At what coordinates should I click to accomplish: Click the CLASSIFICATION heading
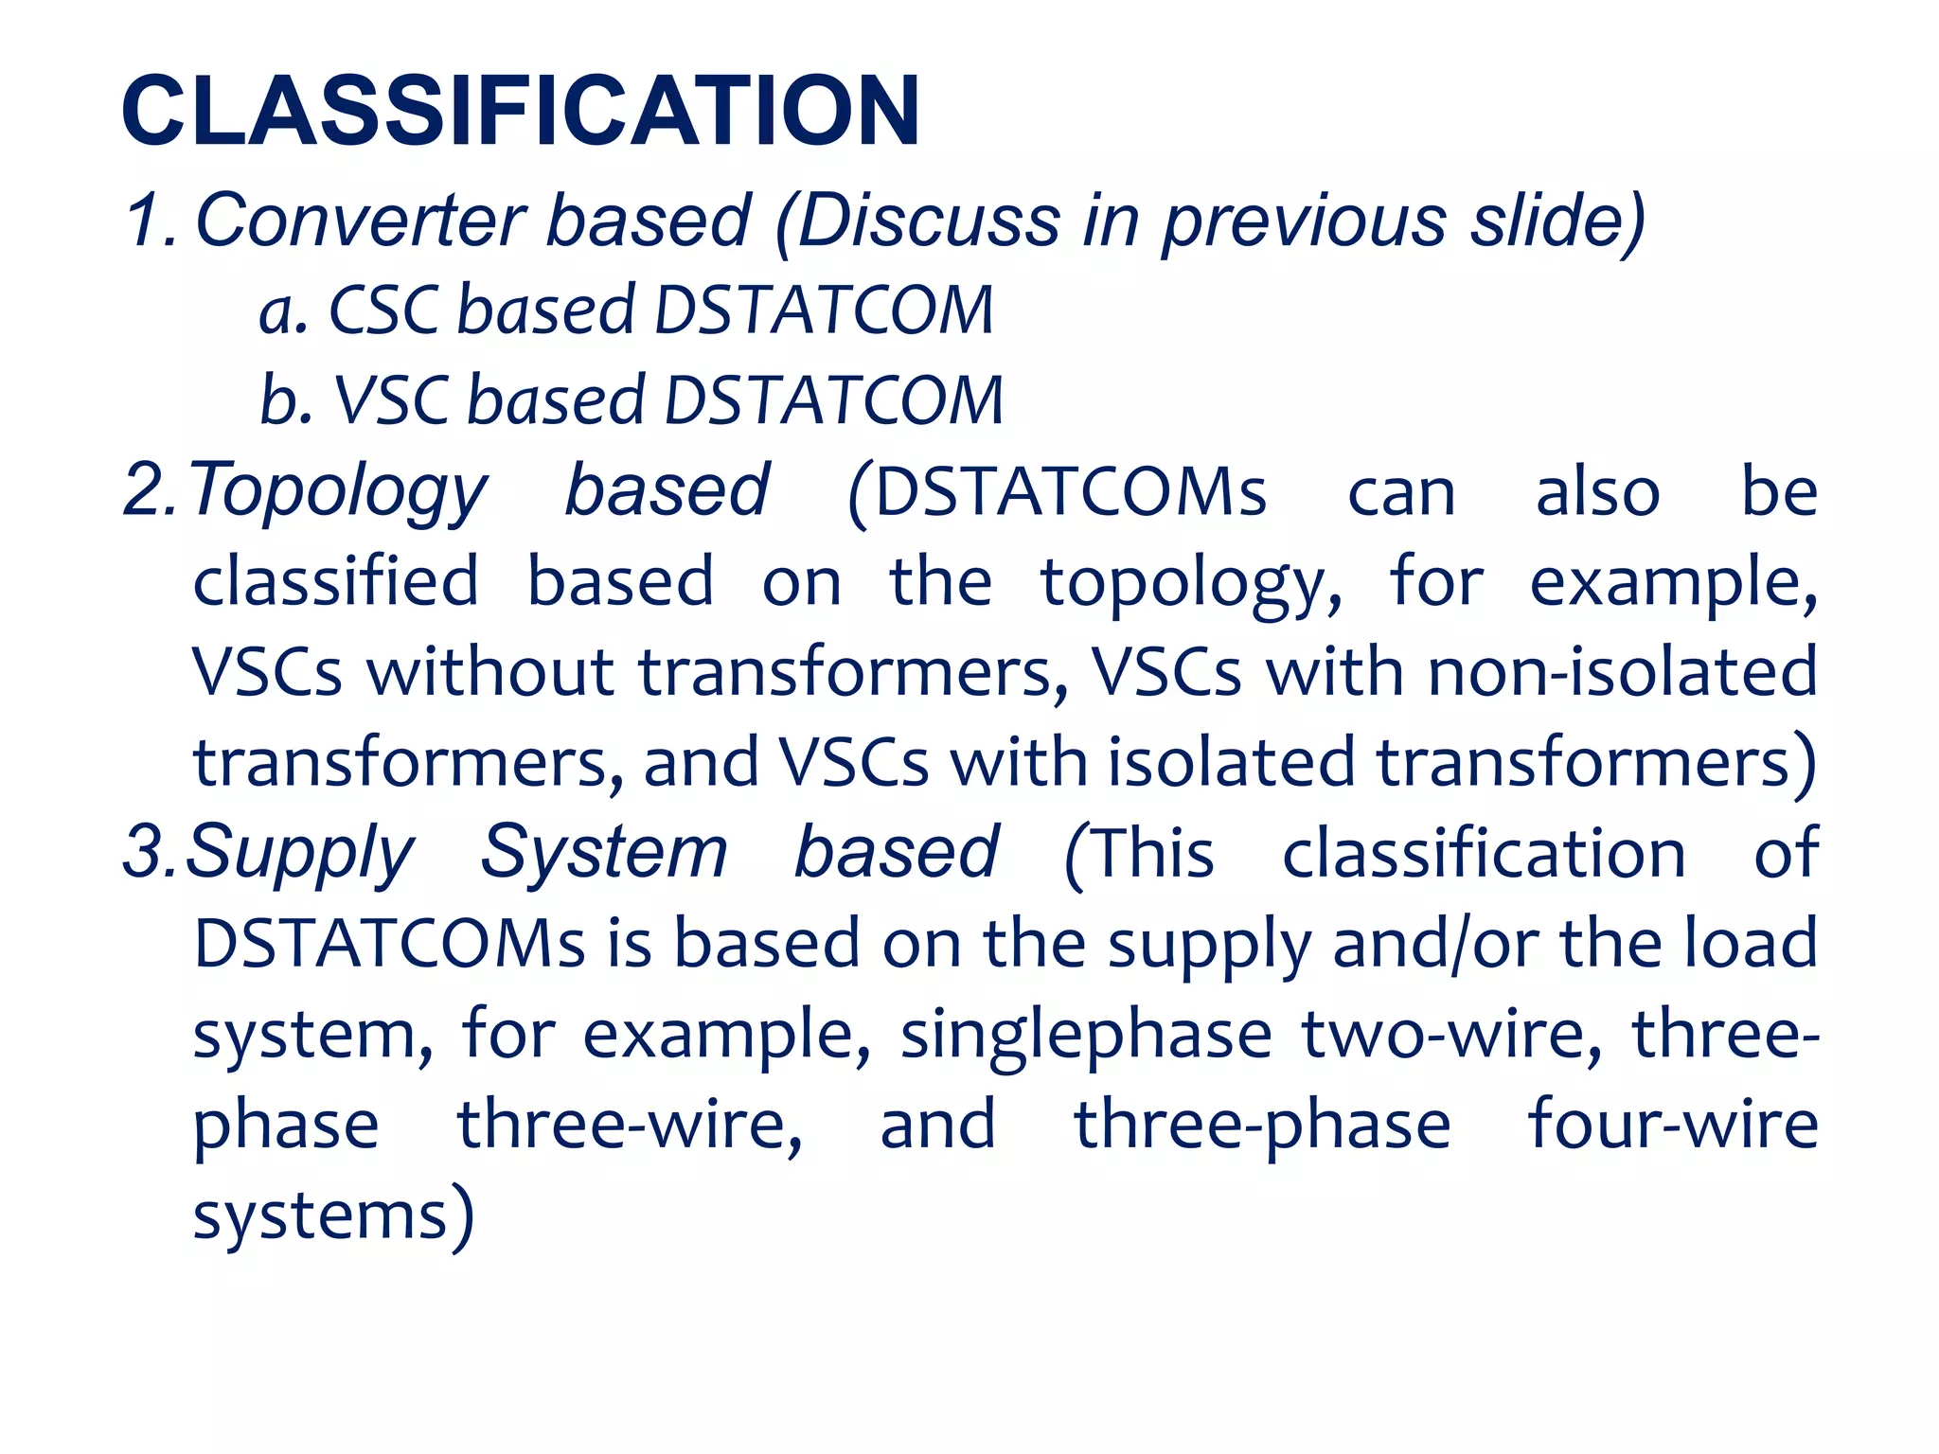point(521,112)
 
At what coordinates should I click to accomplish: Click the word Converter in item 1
point(360,222)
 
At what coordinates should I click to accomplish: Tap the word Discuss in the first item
point(928,222)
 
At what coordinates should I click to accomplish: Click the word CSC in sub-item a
point(383,310)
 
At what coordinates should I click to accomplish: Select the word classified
point(336,581)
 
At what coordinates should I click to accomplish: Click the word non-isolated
point(1623,671)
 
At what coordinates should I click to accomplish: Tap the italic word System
point(604,852)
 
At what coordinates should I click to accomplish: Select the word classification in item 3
point(1484,852)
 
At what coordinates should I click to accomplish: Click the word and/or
point(1435,944)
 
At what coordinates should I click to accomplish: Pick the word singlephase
point(1086,1035)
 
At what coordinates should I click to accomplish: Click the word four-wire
point(1673,1125)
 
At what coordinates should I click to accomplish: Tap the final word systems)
point(333,1215)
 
